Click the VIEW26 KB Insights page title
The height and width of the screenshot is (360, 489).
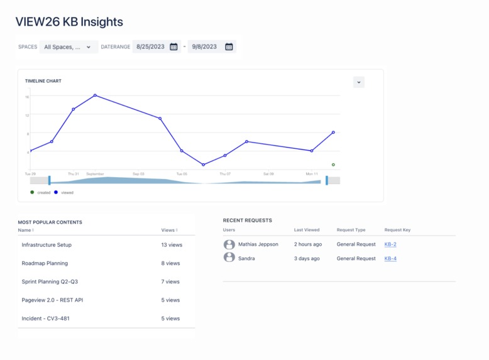(69, 22)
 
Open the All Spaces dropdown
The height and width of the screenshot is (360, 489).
(68, 46)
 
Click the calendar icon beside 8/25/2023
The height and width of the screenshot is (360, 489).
(173, 46)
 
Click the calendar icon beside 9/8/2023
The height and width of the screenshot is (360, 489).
(229, 46)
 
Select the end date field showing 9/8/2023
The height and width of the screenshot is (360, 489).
(204, 46)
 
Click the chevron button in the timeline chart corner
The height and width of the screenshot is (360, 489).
(359, 82)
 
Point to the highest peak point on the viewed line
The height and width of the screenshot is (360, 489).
(95, 95)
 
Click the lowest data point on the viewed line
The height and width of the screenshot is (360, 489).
(203, 165)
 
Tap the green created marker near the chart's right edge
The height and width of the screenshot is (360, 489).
(333, 165)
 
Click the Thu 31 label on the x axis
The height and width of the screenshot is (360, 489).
(74, 173)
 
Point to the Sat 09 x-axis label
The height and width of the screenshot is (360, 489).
(268, 173)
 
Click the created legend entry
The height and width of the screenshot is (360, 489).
(41, 192)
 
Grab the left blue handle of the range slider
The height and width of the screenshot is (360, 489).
(50, 180)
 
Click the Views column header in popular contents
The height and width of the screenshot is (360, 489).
(169, 230)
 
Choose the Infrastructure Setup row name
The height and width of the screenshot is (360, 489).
(47, 245)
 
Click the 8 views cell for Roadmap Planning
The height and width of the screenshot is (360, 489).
(170, 263)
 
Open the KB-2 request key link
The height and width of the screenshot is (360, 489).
(390, 244)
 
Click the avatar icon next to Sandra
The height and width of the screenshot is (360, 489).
(229, 258)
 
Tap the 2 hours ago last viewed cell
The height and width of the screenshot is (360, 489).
(308, 244)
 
